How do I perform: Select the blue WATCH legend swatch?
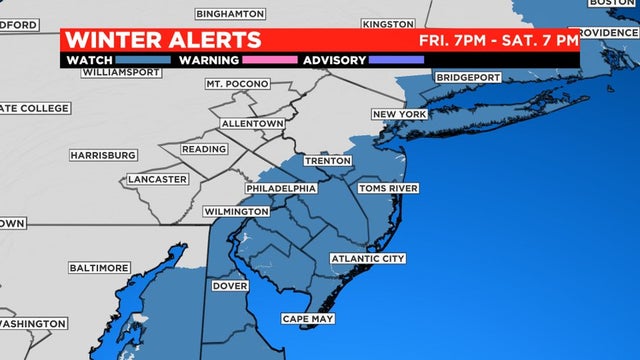(136, 60)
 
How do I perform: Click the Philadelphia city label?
(281, 188)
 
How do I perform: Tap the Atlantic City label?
(368, 259)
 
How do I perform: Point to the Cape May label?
(307, 319)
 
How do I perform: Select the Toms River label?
(388, 188)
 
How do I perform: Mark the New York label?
(400, 115)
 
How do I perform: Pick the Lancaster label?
(157, 179)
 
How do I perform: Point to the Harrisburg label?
(103, 155)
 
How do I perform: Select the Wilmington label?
(236, 212)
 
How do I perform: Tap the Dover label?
(229, 286)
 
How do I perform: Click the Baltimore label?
(99, 268)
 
